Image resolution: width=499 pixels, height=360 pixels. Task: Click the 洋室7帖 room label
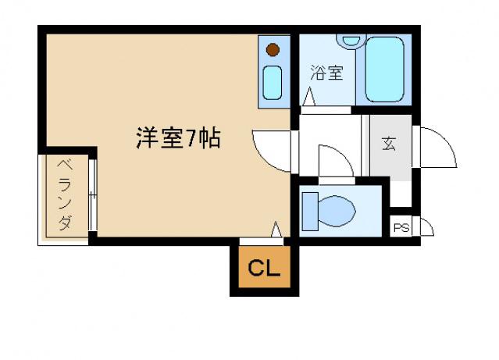tap(178, 138)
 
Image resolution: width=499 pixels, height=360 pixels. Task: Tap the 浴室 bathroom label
tap(327, 73)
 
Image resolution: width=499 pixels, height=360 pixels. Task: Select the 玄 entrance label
tap(389, 144)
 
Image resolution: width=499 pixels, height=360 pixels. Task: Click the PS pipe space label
tap(401, 228)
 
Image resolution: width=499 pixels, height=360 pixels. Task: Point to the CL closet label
tap(264, 268)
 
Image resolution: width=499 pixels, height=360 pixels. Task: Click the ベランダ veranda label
tap(65, 195)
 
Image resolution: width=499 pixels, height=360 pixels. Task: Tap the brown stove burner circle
tap(273, 50)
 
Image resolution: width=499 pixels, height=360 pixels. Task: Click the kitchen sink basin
tap(273, 83)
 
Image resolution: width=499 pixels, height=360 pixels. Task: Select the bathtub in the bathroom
tap(384, 70)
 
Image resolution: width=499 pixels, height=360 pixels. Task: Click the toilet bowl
tap(337, 212)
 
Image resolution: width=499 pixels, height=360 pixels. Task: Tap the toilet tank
tap(310, 212)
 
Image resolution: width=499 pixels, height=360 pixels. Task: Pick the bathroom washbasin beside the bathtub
tap(351, 41)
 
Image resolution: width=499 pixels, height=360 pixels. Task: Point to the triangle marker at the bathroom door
tap(308, 97)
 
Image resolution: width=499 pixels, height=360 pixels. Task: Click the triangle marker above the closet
tap(276, 229)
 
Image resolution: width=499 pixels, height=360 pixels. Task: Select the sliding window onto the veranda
tap(93, 194)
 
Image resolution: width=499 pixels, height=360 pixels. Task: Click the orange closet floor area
tap(265, 267)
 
